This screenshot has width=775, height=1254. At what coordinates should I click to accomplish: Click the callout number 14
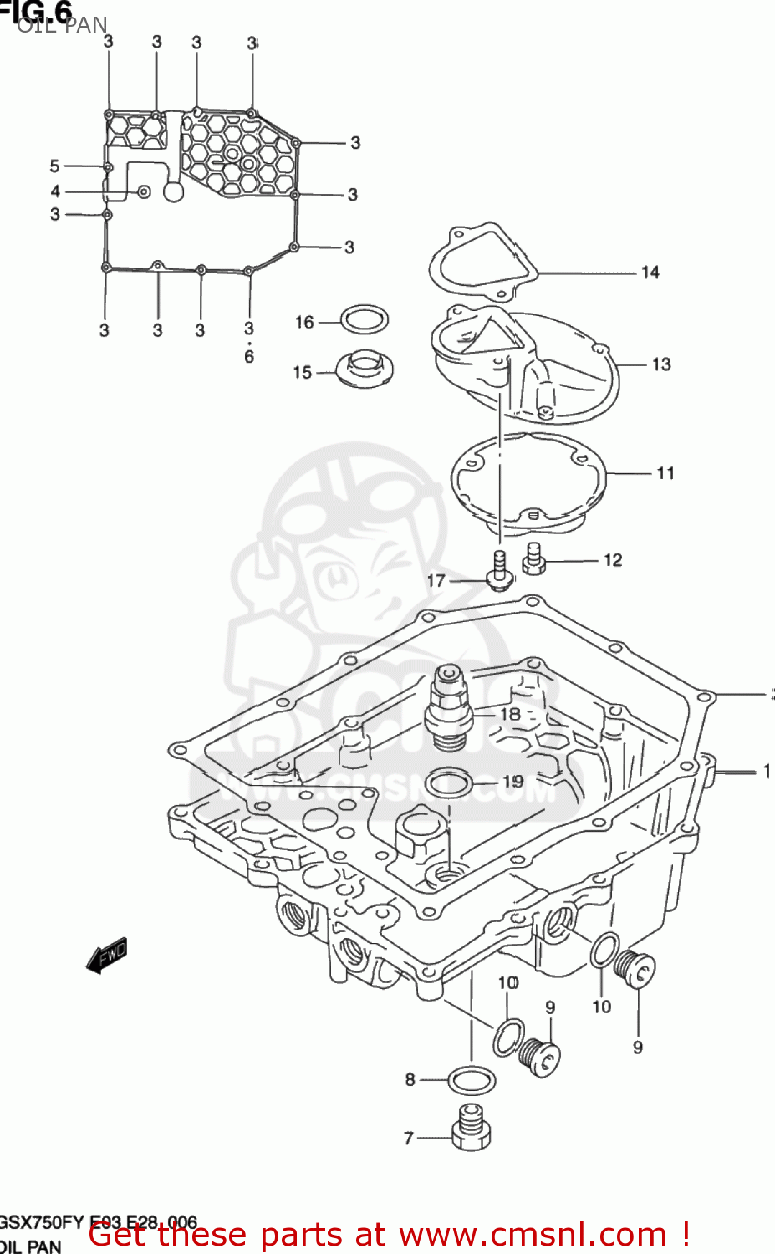pyautogui.click(x=650, y=273)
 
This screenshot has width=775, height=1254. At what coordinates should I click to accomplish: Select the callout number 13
pyautogui.click(x=660, y=364)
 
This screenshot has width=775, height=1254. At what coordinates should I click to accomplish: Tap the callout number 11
pyautogui.click(x=665, y=473)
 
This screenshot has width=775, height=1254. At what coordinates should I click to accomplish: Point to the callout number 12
pyautogui.click(x=613, y=560)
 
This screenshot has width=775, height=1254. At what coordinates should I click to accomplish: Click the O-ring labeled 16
pyautogui.click(x=365, y=319)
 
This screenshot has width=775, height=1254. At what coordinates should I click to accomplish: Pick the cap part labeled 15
pyautogui.click(x=365, y=369)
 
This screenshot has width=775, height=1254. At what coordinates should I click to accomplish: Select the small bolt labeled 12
pyautogui.click(x=533, y=558)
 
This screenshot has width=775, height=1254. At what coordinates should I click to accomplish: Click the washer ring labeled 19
pyautogui.click(x=449, y=783)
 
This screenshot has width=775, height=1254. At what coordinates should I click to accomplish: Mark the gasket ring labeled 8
pyautogui.click(x=472, y=1080)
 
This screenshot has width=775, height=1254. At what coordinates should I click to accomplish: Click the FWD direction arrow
pyautogui.click(x=107, y=955)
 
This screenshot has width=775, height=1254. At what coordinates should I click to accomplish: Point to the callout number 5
pyautogui.click(x=54, y=166)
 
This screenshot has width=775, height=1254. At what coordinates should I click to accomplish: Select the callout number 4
pyautogui.click(x=55, y=191)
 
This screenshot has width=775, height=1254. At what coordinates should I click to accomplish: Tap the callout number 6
pyautogui.click(x=249, y=357)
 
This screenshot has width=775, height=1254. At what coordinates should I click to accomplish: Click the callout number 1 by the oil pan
pyautogui.click(x=766, y=772)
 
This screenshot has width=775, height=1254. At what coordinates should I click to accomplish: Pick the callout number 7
pyautogui.click(x=409, y=1138)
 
